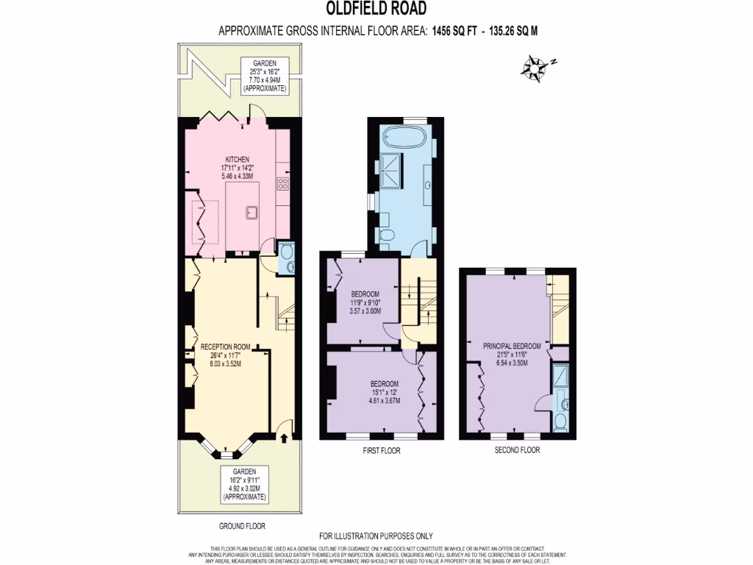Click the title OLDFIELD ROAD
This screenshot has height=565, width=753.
(x=376, y=9)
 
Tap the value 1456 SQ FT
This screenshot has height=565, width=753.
(x=456, y=31)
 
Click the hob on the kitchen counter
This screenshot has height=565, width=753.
(x=283, y=183)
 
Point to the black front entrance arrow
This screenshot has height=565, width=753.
(x=285, y=438)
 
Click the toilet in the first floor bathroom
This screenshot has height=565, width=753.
(x=388, y=235)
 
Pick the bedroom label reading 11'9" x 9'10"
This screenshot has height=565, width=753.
(x=365, y=302)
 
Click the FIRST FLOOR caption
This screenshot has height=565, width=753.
(x=382, y=451)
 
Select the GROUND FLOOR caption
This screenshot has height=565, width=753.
(x=242, y=526)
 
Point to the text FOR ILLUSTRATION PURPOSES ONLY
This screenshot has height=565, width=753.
(x=376, y=536)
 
